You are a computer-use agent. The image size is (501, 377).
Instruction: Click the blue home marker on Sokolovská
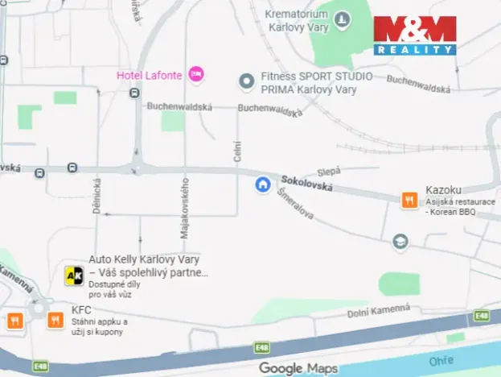[x=262, y=184]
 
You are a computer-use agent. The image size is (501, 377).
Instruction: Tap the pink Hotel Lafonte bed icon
[x=196, y=75]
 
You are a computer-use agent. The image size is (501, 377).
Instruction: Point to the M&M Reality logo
[x=414, y=35]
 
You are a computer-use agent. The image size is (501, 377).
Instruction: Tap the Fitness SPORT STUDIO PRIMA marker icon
[x=246, y=81]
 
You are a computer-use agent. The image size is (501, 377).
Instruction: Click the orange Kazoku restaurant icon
[x=409, y=200]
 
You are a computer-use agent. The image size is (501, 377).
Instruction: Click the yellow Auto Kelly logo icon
[x=74, y=276]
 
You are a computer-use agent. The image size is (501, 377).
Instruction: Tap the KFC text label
[x=81, y=309]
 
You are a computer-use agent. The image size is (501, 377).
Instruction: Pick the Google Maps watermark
[x=298, y=368]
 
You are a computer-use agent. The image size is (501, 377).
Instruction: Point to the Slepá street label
[x=330, y=171]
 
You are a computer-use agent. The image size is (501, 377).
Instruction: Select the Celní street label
[x=237, y=151]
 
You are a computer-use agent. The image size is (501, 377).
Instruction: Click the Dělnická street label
[x=97, y=196]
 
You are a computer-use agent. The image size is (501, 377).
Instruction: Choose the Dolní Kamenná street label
[x=379, y=310]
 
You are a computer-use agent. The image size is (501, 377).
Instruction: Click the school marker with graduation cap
[x=400, y=241]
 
